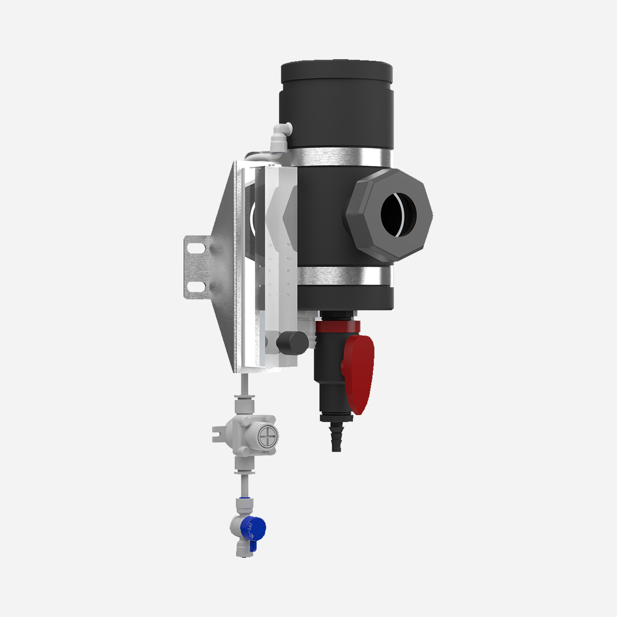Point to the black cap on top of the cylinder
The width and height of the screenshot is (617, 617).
[337, 72]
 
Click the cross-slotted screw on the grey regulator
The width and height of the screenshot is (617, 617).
[267, 436]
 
